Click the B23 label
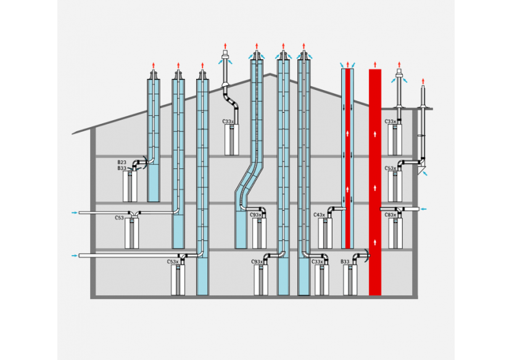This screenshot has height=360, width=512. tap(122, 162)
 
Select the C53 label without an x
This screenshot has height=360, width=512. tap(120, 218)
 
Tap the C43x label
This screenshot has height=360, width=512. tap(319, 215)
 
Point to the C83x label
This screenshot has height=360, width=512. tap(390, 215)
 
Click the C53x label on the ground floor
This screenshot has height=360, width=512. tap(173, 262)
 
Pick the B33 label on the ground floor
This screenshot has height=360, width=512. tap(346, 262)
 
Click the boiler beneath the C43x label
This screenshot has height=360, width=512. tap(325, 233)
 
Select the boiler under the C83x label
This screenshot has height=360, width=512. tap(395, 234)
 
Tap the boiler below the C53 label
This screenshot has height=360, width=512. tap(132, 234)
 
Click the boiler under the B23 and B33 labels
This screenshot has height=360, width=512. tap(130, 186)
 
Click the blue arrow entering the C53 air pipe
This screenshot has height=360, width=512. tap(74, 213)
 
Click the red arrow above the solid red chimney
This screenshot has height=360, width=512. tap(374, 64)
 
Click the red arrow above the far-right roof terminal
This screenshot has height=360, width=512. tap(423, 81)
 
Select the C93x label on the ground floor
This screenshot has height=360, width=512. tap(257, 262)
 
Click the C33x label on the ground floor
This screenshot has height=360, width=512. tap(317, 262)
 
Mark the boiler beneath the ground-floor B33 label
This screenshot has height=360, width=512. tap(350, 280)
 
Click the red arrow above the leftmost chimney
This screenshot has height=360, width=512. tap(154, 65)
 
